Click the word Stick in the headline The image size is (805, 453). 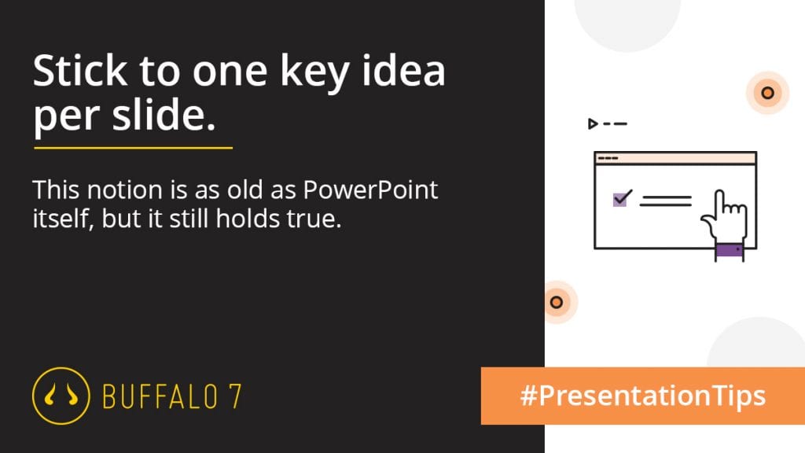(x=80, y=70)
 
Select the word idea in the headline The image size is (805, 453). (x=404, y=70)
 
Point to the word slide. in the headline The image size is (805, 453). (x=164, y=113)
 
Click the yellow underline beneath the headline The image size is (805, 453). (x=134, y=148)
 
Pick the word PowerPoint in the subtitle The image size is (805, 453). (x=370, y=190)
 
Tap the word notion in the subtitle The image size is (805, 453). (x=124, y=190)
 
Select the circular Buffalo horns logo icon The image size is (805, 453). (x=61, y=396)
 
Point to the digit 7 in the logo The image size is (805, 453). (x=234, y=397)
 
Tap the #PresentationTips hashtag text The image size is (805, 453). (x=643, y=396)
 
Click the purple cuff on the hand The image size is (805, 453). (x=730, y=250)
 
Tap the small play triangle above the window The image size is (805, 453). (x=593, y=123)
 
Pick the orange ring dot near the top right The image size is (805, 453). (x=767, y=93)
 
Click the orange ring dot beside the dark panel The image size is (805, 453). (x=557, y=302)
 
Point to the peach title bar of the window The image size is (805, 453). (x=675, y=158)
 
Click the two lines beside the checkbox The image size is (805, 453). (x=665, y=201)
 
